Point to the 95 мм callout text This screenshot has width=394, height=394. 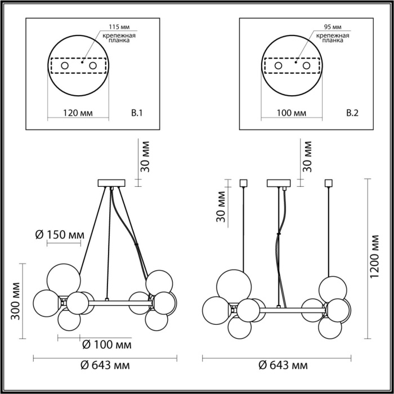point(333,27)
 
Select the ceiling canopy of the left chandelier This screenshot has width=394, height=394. point(110,182)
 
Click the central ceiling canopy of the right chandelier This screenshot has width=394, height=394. point(279,182)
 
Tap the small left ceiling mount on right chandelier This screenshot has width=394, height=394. point(244,182)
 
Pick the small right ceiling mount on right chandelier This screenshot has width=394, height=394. point(329,182)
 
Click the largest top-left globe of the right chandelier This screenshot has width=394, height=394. point(233,284)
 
